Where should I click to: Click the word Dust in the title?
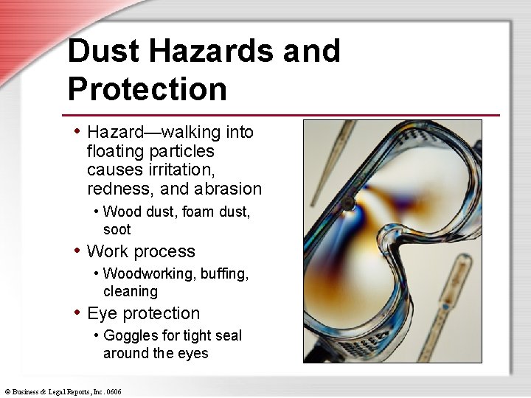103,51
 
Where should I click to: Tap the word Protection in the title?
147,88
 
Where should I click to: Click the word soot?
117,229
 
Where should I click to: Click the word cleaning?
131,291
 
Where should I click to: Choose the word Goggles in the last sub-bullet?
131,336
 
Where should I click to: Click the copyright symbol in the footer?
7,391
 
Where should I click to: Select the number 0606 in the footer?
113,391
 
